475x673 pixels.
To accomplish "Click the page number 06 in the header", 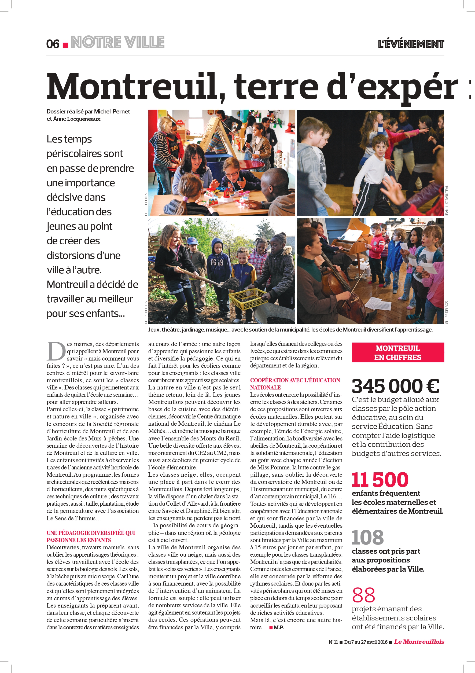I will click(x=53, y=44).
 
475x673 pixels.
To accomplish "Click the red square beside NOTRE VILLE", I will click(x=66, y=45).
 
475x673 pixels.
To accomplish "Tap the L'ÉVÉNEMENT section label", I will click(x=411, y=44).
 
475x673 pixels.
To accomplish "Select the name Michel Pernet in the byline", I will click(x=112, y=111).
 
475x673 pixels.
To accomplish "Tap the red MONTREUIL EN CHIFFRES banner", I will click(x=398, y=353).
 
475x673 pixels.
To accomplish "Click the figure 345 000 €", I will click(x=395, y=386).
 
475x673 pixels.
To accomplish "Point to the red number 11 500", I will click(x=380, y=480).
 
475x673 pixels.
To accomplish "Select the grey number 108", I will click(x=367, y=537).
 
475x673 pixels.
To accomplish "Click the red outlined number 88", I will click(x=363, y=595).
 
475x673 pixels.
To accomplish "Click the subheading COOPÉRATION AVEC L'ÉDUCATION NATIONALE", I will click(x=295, y=384).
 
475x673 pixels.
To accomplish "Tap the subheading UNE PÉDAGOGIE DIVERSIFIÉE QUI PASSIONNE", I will click(x=91, y=536).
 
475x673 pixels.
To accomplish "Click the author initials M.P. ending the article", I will click(x=279, y=628).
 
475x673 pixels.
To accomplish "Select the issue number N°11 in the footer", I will click(x=333, y=642).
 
